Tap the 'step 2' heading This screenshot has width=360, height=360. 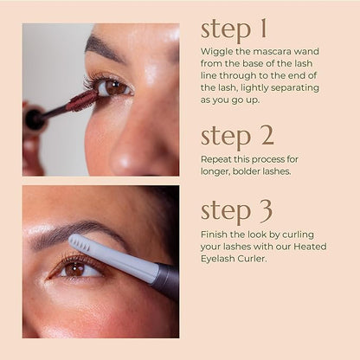tap(237, 135)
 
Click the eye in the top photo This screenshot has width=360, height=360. tap(112, 87)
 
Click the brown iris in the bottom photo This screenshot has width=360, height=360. tap(74, 269)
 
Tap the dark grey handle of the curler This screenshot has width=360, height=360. tap(166, 280)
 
